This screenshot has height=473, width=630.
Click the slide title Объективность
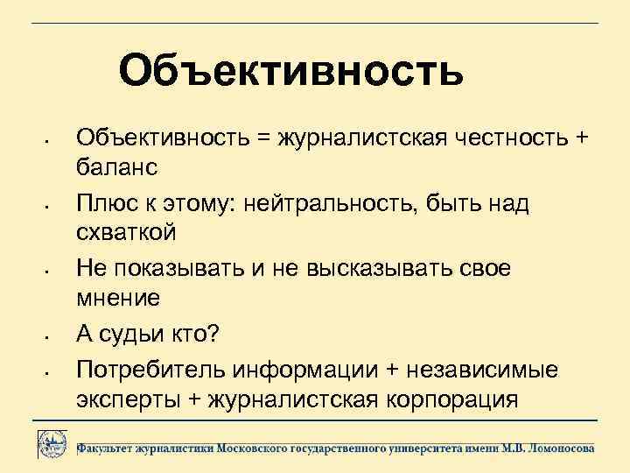click(x=291, y=70)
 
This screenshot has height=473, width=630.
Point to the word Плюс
click(x=106, y=204)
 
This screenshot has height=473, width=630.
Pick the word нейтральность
click(x=328, y=204)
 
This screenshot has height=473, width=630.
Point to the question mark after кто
click(x=222, y=334)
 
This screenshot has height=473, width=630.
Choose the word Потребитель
click(x=149, y=369)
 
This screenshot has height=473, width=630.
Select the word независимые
click(x=496, y=369)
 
